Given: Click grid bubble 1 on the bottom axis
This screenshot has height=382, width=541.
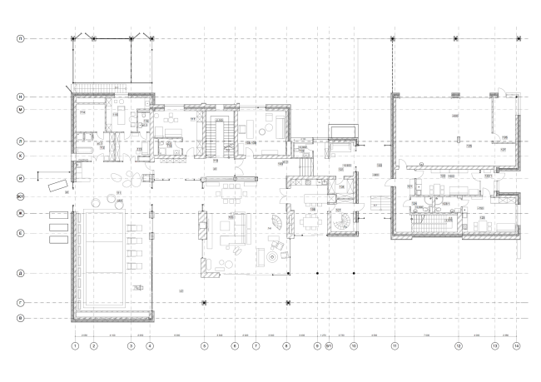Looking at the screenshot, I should pos(75,345).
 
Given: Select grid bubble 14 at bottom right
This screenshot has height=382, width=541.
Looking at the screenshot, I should pos(517,345).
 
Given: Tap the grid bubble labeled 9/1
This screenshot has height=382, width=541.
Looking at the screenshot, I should pos(329,345).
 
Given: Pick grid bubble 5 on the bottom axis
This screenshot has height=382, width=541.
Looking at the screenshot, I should pos(205,345).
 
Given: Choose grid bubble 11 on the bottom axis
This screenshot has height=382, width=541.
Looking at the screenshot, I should pos(395,345).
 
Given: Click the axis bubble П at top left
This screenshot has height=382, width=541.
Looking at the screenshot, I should pos(20,38).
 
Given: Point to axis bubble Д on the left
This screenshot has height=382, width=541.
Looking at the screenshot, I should pos(20,273).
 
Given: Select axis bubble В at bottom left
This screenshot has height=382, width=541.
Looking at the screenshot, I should pos(20,318).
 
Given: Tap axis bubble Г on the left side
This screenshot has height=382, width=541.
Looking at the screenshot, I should pos(20,303).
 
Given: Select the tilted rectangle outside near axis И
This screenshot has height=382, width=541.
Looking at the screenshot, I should pos(57,185).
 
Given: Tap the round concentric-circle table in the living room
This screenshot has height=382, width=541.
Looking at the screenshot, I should pos(276,259).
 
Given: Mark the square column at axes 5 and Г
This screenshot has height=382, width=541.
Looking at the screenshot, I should pos(205,303).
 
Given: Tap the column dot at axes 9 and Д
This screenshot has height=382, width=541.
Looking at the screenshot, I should pos(317,273).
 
